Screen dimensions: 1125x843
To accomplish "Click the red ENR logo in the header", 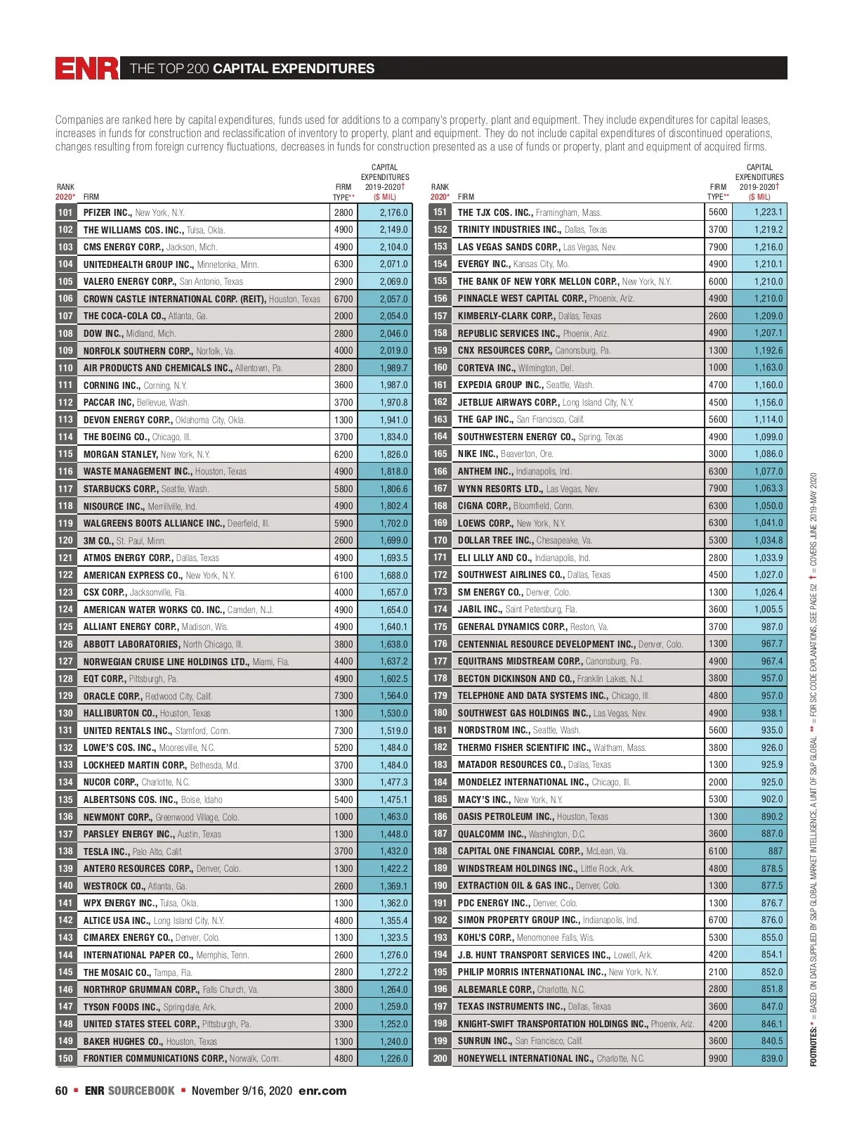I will coord(87,68).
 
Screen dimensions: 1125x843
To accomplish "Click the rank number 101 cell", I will coord(65,212).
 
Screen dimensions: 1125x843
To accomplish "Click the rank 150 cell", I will coord(65,1058).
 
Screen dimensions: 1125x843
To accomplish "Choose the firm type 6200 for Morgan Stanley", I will coord(344,454).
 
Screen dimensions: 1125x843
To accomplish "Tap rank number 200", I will coord(440,1058).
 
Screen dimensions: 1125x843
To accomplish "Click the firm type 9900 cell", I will coord(718,1058).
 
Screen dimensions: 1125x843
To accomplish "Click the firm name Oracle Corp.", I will coord(113,696).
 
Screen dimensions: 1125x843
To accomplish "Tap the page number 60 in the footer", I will coord(62,1091).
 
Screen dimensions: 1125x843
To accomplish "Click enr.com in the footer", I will coord(322,1091).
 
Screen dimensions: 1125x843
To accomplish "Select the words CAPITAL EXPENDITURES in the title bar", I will coord(294,68).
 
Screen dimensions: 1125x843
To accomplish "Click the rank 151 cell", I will coord(440,212).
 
